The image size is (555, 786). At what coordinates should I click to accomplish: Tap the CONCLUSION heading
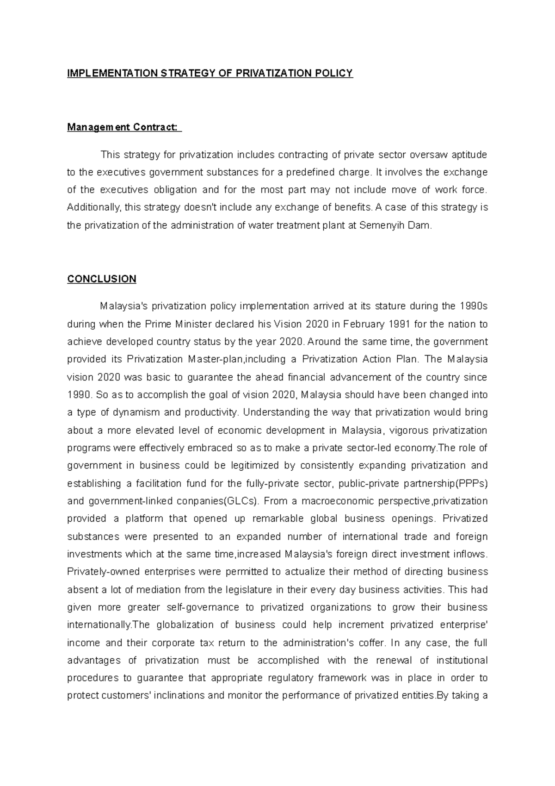102,279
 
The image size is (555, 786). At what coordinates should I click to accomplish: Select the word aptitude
469,155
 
